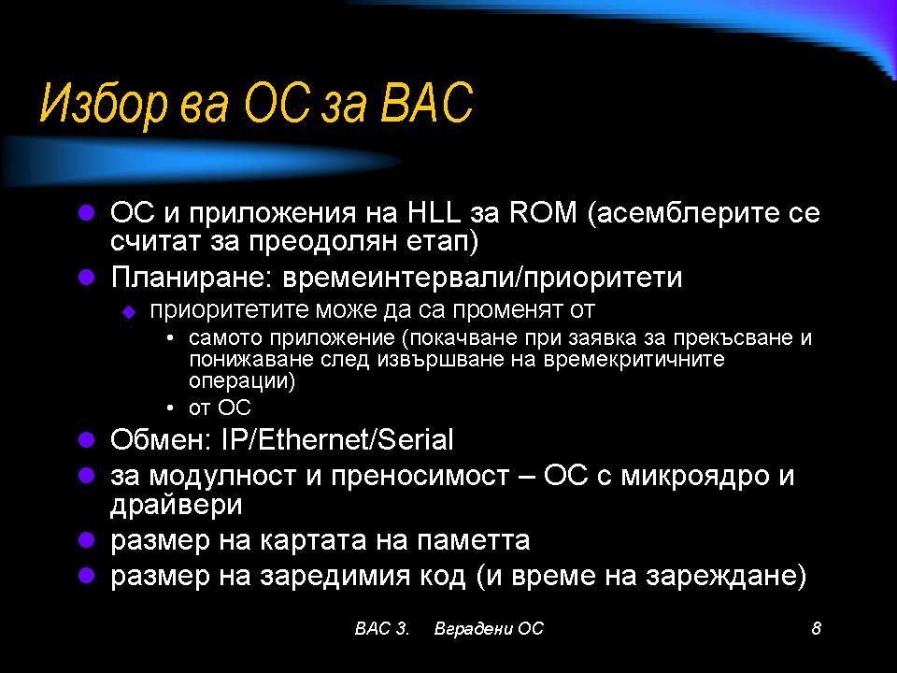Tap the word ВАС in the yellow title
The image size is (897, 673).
pos(427,103)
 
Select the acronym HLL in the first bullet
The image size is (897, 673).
pos(434,212)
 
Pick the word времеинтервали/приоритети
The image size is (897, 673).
pos(482,278)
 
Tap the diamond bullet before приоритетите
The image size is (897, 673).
pos(129,312)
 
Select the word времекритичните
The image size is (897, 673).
pos(634,359)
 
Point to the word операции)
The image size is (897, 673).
pos(242,381)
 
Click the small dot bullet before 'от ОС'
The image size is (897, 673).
pos(170,408)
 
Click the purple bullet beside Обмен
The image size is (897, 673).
pos(86,439)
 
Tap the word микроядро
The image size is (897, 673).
pos(694,476)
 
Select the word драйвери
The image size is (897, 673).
pos(177,506)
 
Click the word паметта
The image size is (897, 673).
pos(473,540)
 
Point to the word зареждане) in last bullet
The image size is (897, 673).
pos(726,576)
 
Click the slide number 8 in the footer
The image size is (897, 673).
pos(817,628)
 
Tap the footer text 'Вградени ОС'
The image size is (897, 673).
pos(489,628)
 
